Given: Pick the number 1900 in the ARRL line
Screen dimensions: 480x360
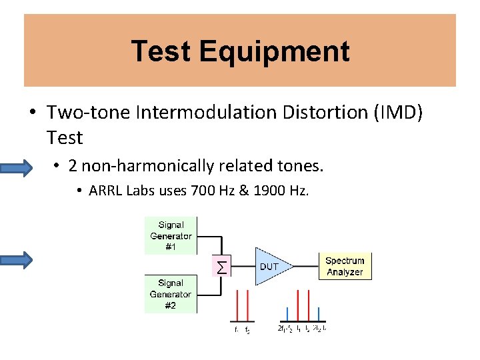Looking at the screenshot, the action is click(267, 191).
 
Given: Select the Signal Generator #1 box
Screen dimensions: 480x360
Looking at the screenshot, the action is click(171, 236).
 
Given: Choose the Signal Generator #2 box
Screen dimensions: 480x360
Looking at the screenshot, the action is click(171, 295).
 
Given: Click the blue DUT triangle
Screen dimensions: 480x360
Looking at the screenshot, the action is click(270, 266).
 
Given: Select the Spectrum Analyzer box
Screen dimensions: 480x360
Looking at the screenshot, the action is click(345, 266).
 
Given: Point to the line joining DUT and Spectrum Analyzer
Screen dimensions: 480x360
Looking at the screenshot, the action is click(308, 266).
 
